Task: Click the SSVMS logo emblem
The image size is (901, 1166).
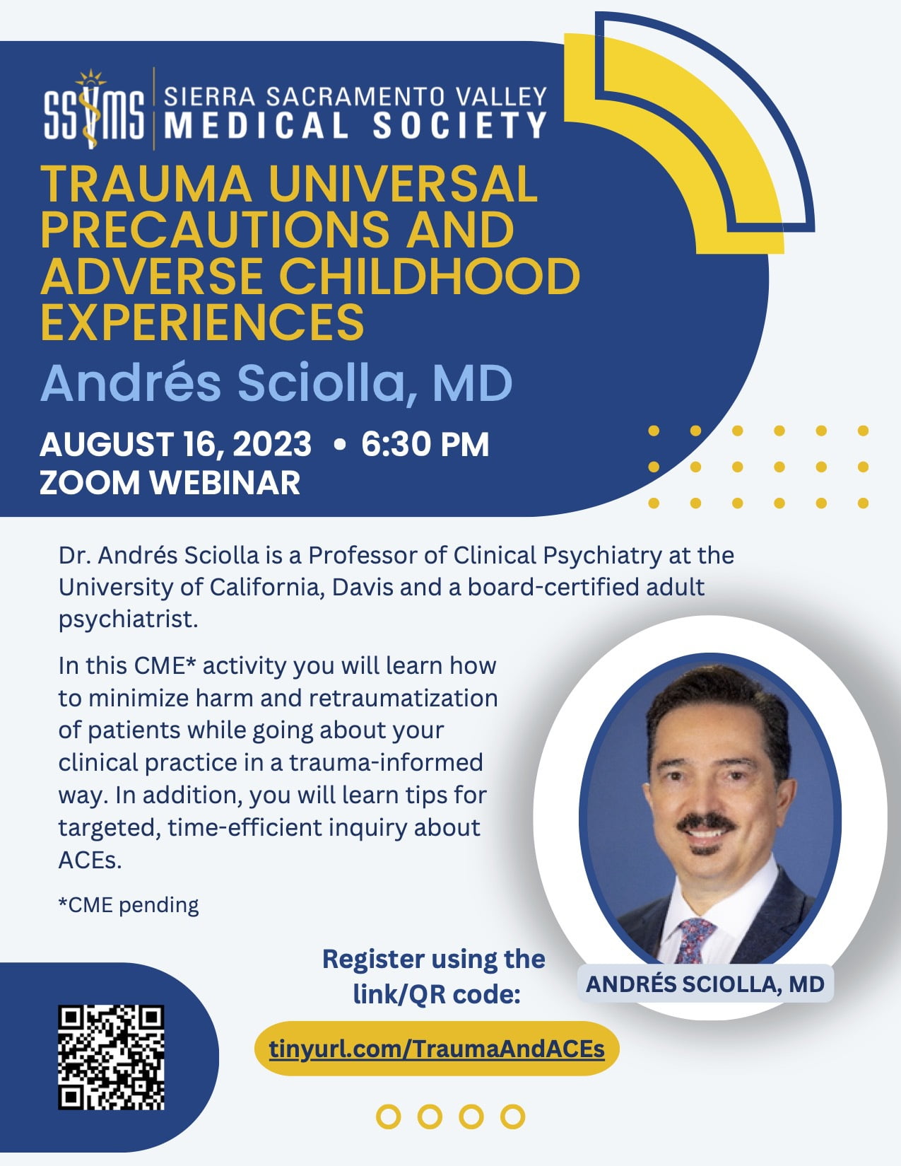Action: click(94, 109)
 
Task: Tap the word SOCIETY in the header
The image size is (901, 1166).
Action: click(459, 126)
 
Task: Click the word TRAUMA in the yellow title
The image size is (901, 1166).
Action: click(146, 184)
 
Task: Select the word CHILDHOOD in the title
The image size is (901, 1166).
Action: click(430, 277)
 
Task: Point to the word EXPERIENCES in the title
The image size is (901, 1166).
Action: click(203, 322)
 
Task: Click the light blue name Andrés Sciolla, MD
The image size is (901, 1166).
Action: click(276, 383)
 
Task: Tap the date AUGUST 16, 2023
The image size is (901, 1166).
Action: click(176, 444)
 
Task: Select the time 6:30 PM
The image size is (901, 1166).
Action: click(425, 444)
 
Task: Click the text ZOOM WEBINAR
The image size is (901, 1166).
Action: click(170, 482)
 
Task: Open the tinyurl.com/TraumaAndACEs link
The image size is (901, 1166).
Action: click(437, 1049)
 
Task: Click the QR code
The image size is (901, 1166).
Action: click(111, 1058)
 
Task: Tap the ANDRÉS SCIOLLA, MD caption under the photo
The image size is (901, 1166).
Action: click(705, 984)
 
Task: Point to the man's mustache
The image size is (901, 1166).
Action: click(705, 822)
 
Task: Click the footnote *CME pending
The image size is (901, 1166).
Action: click(129, 905)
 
